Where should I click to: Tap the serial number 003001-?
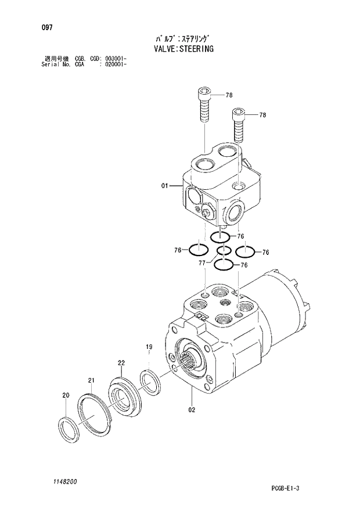point(116,59)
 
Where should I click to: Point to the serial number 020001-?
point(116,64)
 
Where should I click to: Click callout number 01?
point(164,186)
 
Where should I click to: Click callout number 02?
point(192,409)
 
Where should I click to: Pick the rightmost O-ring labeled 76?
point(244,251)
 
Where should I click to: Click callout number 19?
point(149,347)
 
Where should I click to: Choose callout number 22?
point(121,363)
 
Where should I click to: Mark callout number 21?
point(91,380)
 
